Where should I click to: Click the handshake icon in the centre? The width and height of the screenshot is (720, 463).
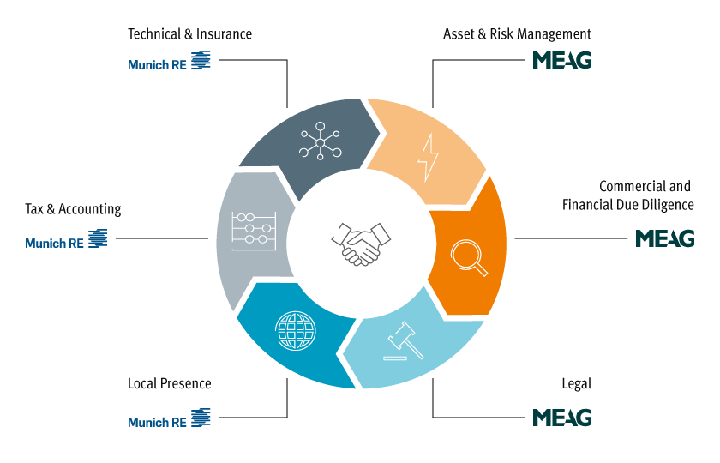point(360,243)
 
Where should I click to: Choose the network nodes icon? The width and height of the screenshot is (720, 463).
point(320,142)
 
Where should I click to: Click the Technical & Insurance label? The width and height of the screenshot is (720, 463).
point(189,34)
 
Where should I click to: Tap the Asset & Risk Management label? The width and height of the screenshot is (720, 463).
point(517,34)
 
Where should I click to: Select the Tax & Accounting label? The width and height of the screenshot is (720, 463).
point(73,209)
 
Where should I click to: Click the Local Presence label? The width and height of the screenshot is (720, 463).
point(169,383)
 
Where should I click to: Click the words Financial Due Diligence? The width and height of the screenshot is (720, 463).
point(627,205)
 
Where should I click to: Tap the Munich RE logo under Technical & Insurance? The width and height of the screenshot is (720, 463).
point(169,62)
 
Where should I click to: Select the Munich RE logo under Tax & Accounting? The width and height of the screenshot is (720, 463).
point(66,241)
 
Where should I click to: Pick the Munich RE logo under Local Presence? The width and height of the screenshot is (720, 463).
point(169,420)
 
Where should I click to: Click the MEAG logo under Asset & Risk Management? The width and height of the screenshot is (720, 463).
point(561,61)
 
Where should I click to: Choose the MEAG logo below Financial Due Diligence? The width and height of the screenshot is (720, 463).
point(664,238)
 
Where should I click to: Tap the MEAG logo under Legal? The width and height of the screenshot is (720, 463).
point(561,418)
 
